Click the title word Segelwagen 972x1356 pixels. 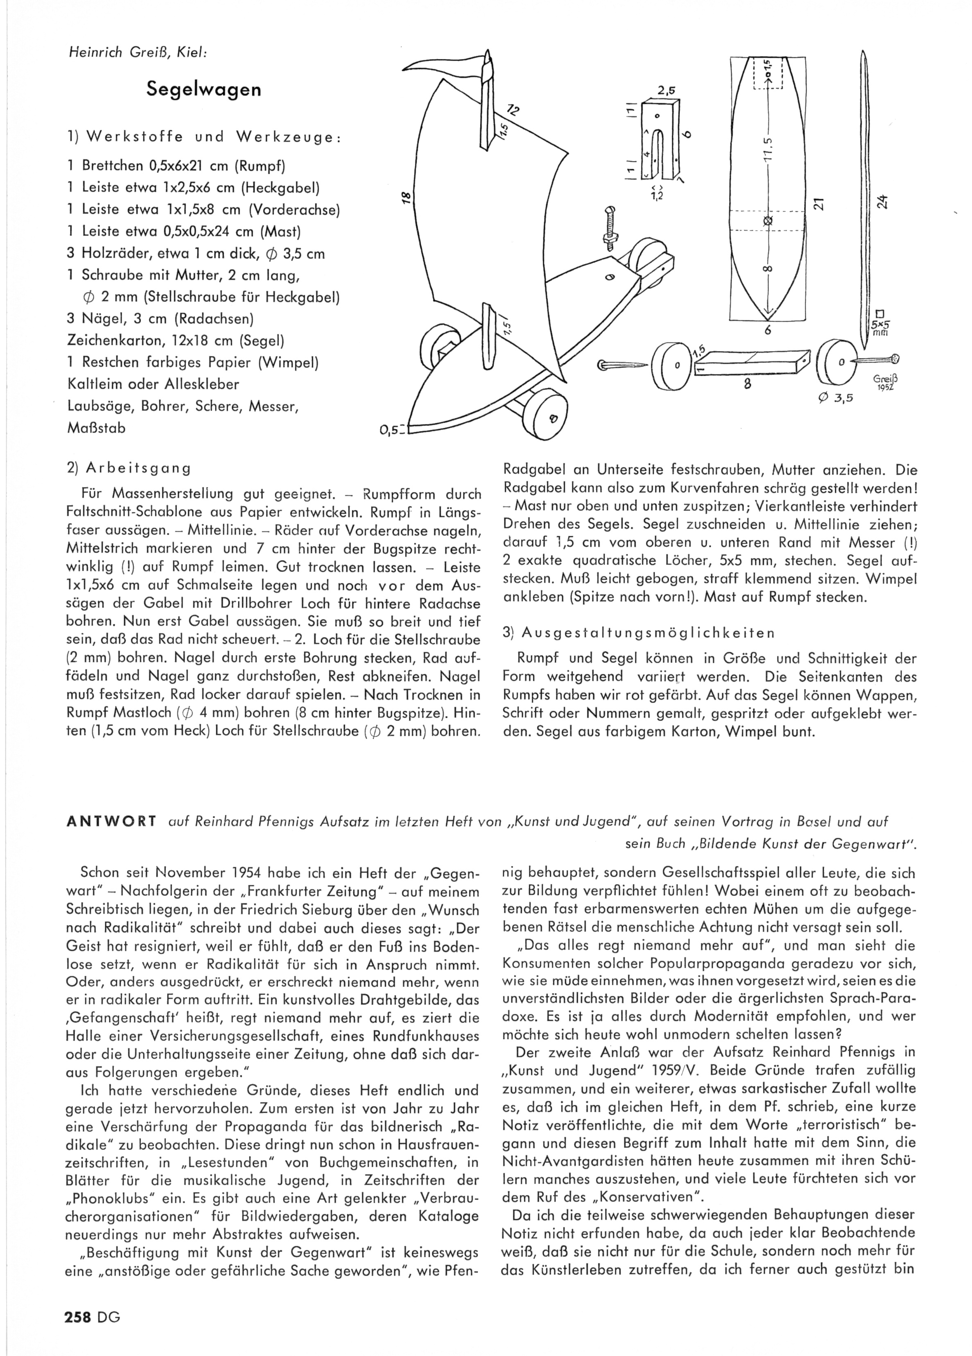(x=204, y=90)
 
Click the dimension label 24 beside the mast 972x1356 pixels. (x=882, y=202)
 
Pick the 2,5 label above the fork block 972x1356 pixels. (x=665, y=91)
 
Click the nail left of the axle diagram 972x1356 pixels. (x=622, y=365)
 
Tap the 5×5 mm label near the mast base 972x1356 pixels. (x=879, y=329)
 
